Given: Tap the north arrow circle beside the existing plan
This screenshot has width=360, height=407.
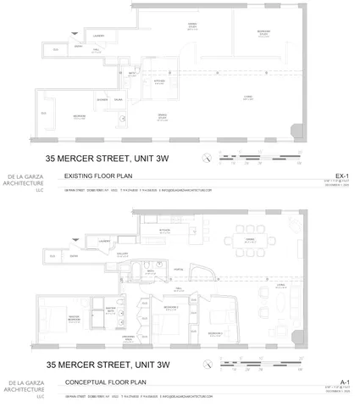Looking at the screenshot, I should (206, 159).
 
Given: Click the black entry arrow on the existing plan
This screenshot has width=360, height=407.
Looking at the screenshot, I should (78, 32).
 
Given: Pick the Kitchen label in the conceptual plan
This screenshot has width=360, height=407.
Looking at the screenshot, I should (166, 229).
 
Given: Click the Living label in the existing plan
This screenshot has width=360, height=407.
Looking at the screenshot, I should (249, 97).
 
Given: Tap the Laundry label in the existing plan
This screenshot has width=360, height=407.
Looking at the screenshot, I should (98, 36).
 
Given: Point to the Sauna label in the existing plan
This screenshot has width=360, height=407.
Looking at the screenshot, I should (118, 100).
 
